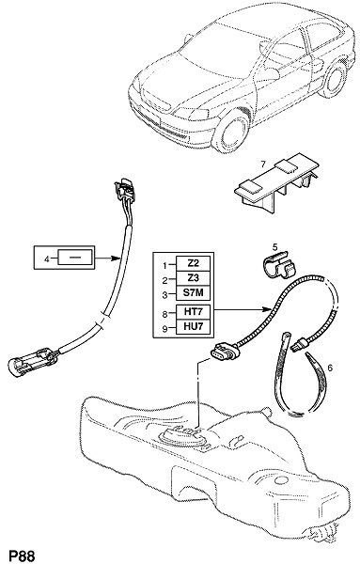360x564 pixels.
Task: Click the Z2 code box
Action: (193, 263)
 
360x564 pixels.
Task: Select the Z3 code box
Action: (193, 278)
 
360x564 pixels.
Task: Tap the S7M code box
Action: (193, 292)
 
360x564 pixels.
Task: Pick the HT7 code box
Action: (193, 312)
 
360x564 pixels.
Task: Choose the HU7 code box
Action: (193, 327)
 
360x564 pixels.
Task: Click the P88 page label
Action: (22, 556)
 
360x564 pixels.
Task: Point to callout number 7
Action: (263, 164)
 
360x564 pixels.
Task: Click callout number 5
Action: (274, 246)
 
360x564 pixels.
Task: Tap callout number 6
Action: (330, 368)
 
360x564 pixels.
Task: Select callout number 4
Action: (46, 258)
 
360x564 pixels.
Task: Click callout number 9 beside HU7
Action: (164, 329)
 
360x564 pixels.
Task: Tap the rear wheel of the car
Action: (334, 80)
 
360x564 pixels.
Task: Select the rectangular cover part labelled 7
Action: (277, 182)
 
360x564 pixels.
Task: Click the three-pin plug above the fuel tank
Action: (226, 352)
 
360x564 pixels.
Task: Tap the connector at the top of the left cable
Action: (124, 190)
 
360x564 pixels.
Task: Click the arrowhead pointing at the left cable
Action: (116, 258)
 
